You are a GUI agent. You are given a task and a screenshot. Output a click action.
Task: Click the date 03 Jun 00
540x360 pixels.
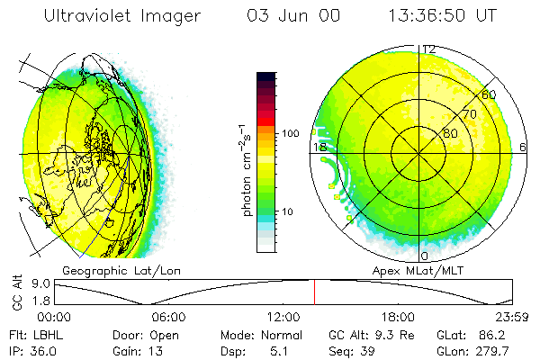click(x=286, y=15)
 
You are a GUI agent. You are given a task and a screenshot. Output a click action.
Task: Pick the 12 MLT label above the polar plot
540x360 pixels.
click(x=429, y=49)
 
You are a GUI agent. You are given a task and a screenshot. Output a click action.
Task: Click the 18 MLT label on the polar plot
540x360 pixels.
click(x=319, y=147)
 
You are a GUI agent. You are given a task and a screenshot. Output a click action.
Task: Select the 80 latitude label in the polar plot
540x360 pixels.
click(x=450, y=132)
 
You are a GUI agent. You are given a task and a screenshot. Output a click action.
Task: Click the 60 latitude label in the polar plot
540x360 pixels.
click(x=489, y=94)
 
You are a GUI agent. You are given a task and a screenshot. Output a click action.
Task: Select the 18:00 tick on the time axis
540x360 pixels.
click(x=398, y=316)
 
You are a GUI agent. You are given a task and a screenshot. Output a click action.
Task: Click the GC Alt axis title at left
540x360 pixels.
click(x=16, y=292)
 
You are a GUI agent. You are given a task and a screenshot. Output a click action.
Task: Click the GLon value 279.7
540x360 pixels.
click(x=492, y=350)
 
